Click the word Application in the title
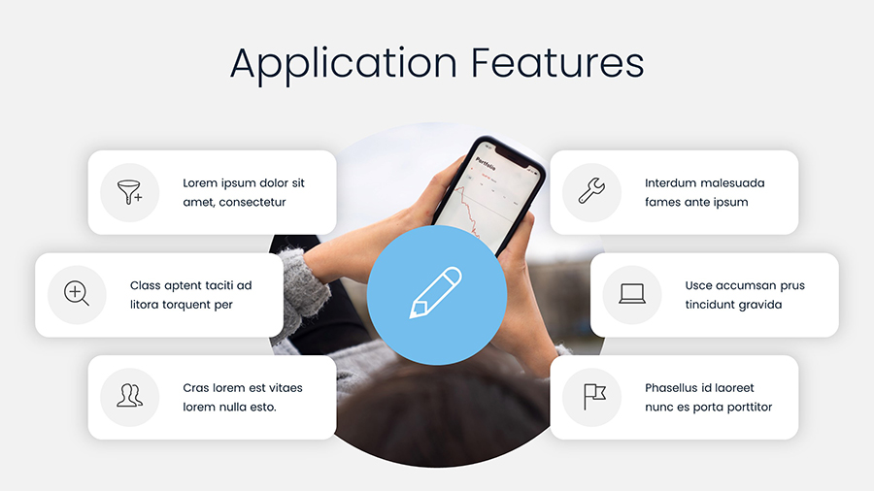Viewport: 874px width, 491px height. pos(344,63)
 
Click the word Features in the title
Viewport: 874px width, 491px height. pos(557,63)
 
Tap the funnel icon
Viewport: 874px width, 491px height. pos(129,192)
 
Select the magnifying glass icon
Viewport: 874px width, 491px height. pos(77,294)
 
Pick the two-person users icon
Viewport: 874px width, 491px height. pos(129,396)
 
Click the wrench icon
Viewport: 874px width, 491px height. pos(591,191)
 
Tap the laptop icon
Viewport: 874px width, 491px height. pos(632,294)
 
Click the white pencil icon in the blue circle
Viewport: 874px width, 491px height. pos(436,294)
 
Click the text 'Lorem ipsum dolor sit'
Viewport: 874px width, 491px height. pos(244,182)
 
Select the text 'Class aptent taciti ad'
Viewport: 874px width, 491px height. pos(190,285)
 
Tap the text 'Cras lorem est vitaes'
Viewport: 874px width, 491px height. pos(243,387)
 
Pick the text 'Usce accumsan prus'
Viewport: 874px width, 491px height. pos(745,285)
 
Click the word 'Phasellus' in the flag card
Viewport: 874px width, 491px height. pos(673,387)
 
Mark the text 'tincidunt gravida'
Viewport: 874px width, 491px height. pos(733,305)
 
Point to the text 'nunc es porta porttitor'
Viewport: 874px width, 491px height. pos(709,407)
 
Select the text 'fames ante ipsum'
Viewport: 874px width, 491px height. pos(696,202)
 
